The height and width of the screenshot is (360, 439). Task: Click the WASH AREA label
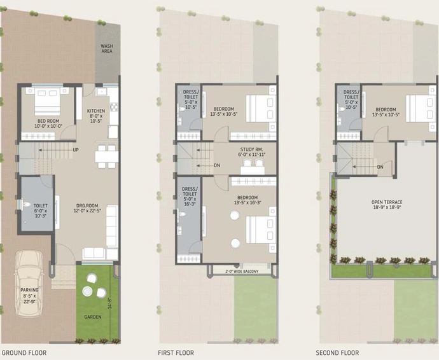(107, 48)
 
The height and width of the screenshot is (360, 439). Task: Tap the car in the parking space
(29, 284)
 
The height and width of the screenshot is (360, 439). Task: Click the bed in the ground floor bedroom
(47, 101)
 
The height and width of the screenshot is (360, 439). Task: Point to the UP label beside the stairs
(76, 150)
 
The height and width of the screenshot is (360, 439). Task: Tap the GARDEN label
(93, 317)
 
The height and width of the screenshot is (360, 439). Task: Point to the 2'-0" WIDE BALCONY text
(242, 271)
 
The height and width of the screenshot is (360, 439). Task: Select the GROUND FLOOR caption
(24, 353)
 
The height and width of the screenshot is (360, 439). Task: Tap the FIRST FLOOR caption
(176, 353)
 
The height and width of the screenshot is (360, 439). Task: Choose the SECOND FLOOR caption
(337, 353)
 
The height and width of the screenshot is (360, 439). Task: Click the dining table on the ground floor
(107, 156)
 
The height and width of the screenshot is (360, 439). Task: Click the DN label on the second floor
(380, 167)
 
